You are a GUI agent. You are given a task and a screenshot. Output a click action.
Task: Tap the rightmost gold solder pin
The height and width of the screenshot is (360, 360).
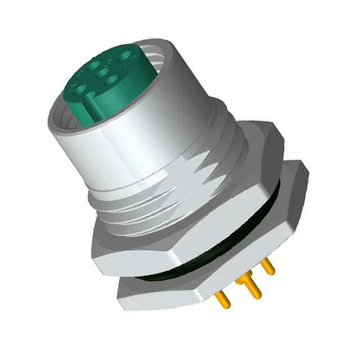(x=269, y=267)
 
